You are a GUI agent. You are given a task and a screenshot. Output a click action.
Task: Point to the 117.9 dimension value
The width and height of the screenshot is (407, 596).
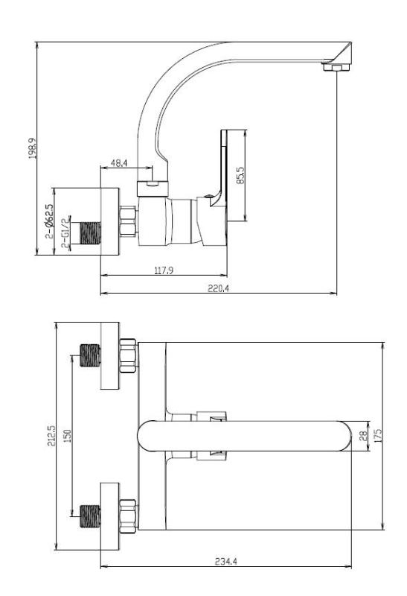164,270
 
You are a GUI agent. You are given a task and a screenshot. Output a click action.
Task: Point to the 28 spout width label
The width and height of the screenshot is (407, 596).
364,437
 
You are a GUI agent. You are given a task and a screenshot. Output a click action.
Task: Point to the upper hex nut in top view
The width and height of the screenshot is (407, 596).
128,356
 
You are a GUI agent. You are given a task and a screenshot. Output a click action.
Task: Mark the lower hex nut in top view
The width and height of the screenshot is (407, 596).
128,514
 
